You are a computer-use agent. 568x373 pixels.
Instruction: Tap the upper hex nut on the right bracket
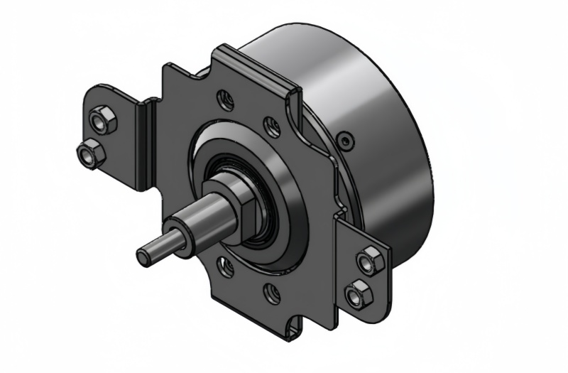click(x=370, y=261)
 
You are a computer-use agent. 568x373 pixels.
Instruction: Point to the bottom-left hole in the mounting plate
click(x=226, y=267)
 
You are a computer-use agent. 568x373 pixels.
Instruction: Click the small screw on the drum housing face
click(x=346, y=141)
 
